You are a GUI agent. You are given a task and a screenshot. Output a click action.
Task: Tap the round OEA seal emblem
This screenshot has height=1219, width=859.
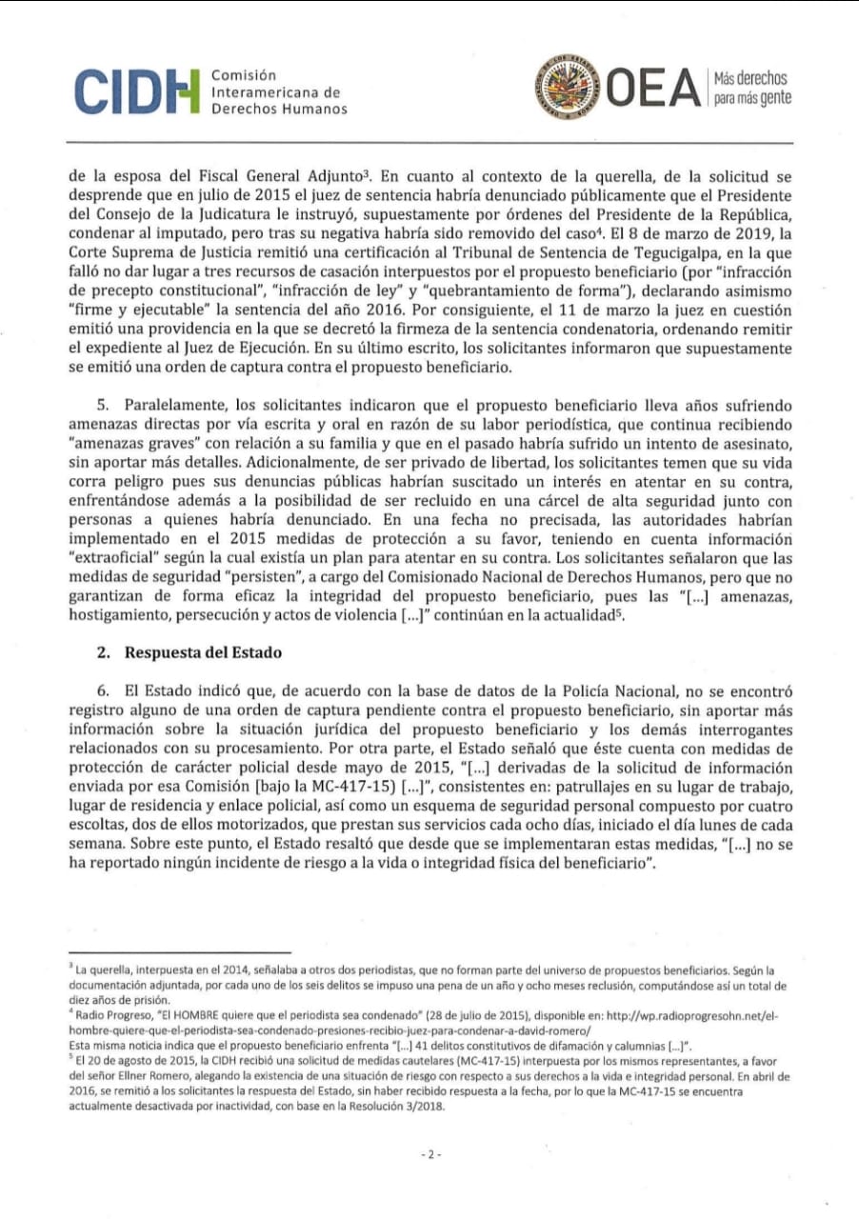point(569,89)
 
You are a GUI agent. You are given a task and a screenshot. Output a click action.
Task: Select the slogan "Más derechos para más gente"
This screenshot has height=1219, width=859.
point(751,89)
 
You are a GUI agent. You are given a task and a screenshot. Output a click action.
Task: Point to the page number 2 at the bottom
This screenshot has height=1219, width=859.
point(429,1154)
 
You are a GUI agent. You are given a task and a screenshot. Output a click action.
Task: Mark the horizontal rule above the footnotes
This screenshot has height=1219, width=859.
point(180,951)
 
